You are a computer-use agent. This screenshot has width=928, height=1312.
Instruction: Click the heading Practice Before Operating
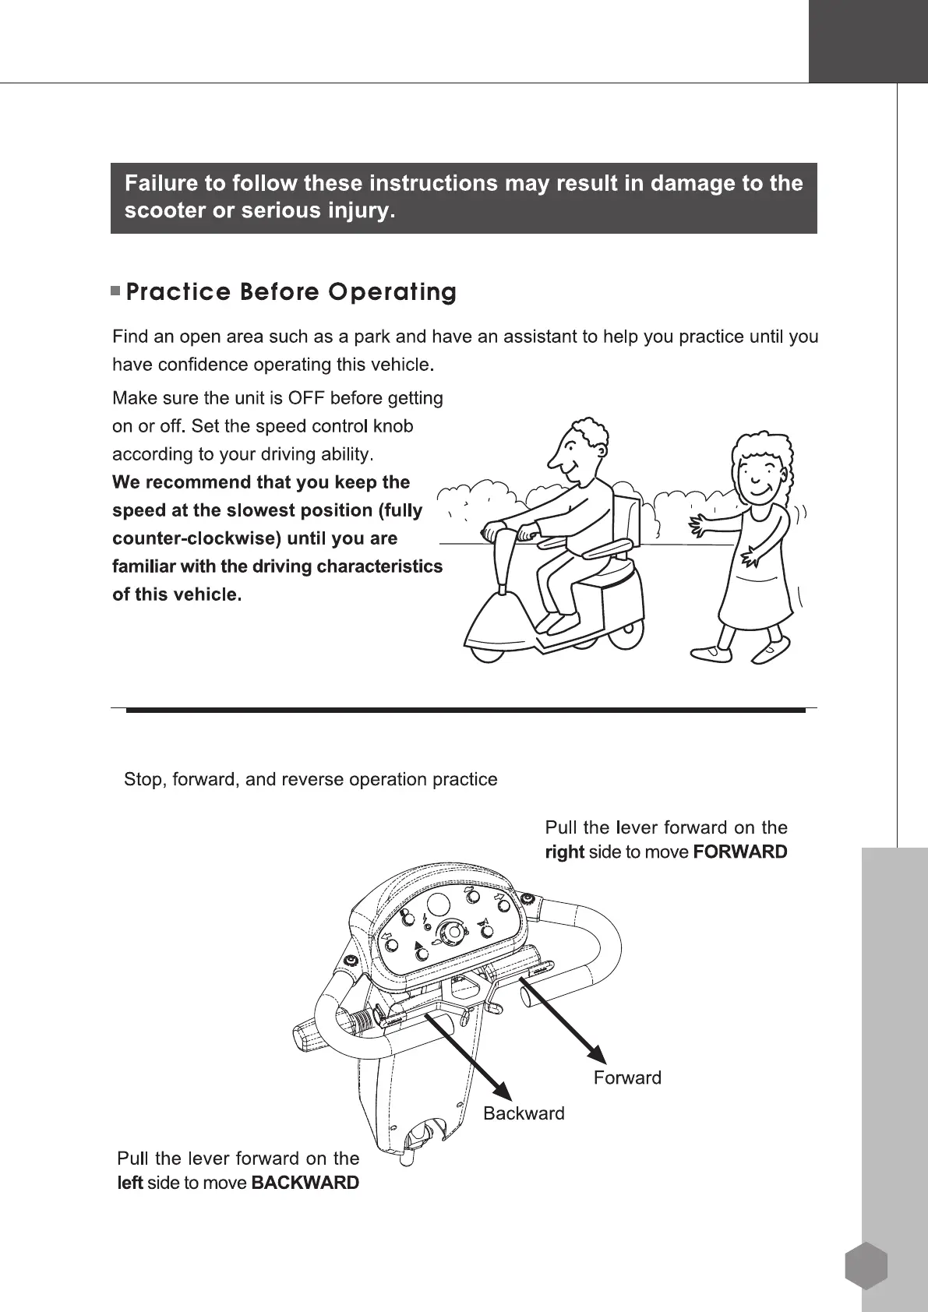(291, 292)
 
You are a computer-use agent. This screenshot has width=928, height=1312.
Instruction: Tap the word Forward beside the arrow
(627, 1077)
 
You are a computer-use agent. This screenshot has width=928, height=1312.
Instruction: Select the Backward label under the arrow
(524, 1113)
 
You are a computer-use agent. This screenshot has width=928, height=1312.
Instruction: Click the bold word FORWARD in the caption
(739, 852)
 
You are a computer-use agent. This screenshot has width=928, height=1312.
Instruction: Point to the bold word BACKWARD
(305, 1183)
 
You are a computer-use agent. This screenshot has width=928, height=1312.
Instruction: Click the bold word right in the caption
(564, 852)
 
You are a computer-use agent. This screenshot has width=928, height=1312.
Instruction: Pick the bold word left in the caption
(129, 1183)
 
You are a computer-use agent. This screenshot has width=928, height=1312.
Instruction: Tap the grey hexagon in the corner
(866, 1266)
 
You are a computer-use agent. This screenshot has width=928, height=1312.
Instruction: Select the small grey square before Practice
(115, 292)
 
